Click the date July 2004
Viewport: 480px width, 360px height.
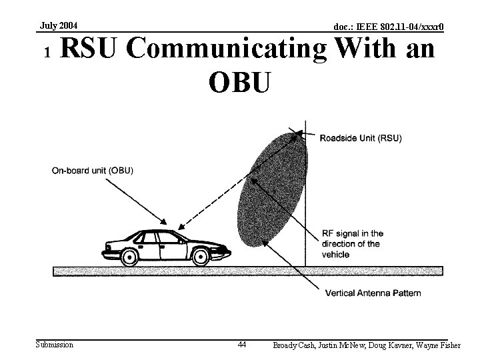click(x=59, y=26)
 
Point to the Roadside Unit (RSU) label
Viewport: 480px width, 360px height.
click(x=361, y=139)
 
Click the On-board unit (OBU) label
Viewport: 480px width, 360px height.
click(x=93, y=170)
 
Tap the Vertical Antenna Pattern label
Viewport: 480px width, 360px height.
click(x=373, y=293)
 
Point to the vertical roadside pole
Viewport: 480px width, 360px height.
click(x=305, y=200)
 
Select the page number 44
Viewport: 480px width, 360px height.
click(x=242, y=345)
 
